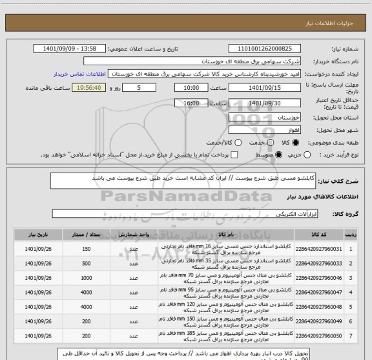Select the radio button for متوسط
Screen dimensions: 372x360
(x=279, y=155)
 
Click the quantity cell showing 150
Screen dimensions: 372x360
(x=87, y=249)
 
